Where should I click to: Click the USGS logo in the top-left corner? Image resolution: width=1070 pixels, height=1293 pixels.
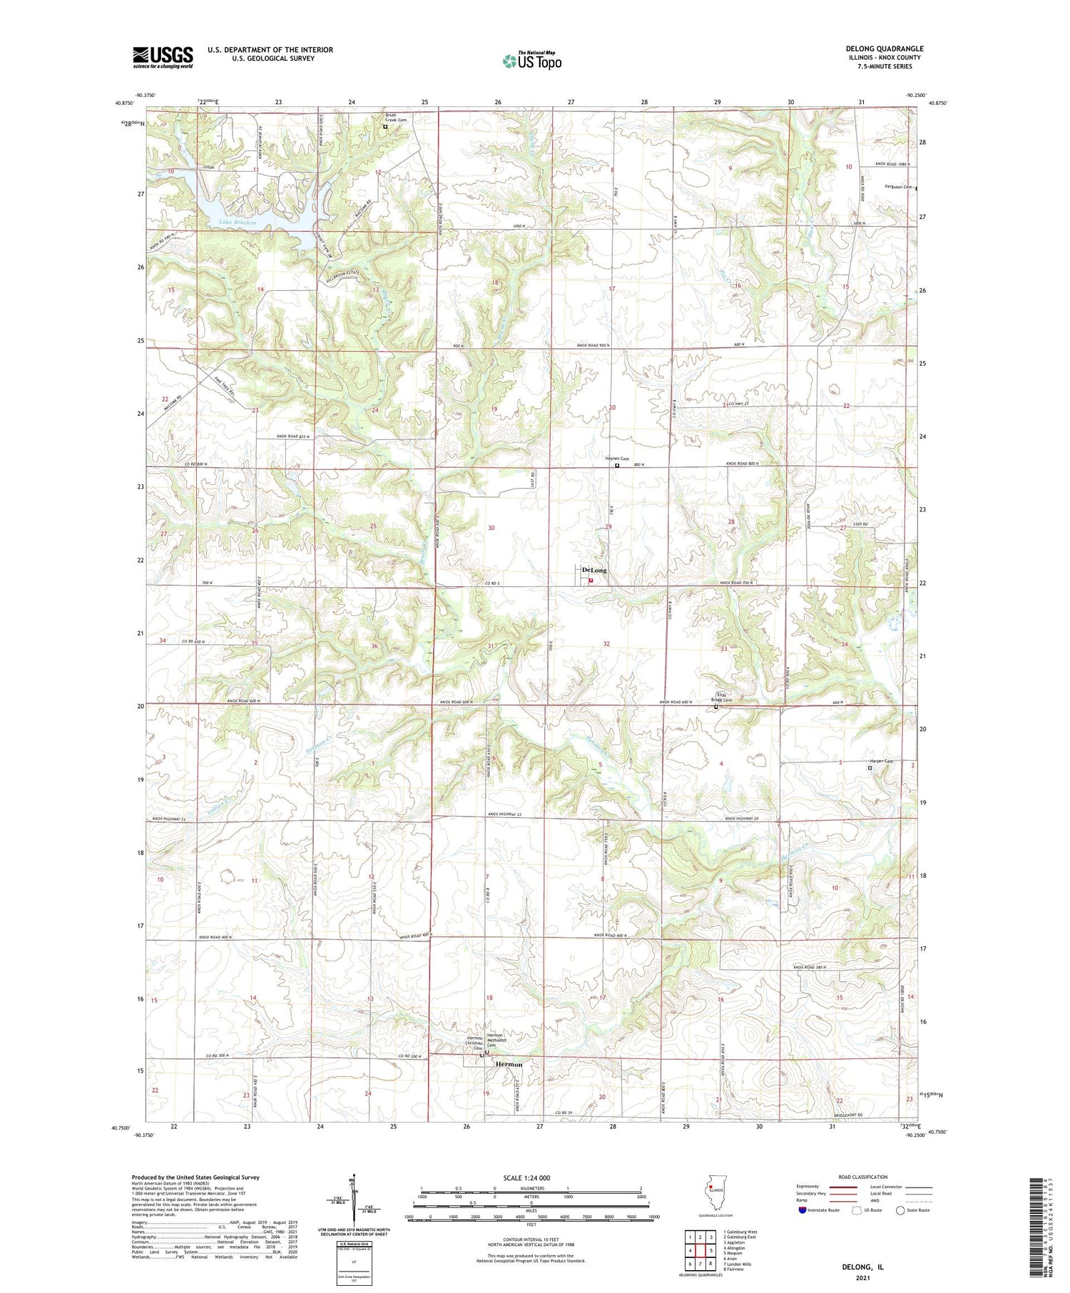click(x=163, y=57)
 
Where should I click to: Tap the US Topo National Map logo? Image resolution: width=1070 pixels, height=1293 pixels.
click(x=532, y=61)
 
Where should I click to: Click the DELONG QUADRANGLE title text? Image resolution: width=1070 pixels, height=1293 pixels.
click(x=884, y=48)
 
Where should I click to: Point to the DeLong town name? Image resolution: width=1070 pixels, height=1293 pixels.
click(x=594, y=571)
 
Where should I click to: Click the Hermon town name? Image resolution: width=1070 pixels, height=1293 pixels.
click(x=509, y=1064)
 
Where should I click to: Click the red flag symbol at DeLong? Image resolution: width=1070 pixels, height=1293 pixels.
click(x=591, y=581)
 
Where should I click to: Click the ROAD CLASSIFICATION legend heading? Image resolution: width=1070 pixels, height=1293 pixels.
click(x=863, y=1177)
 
